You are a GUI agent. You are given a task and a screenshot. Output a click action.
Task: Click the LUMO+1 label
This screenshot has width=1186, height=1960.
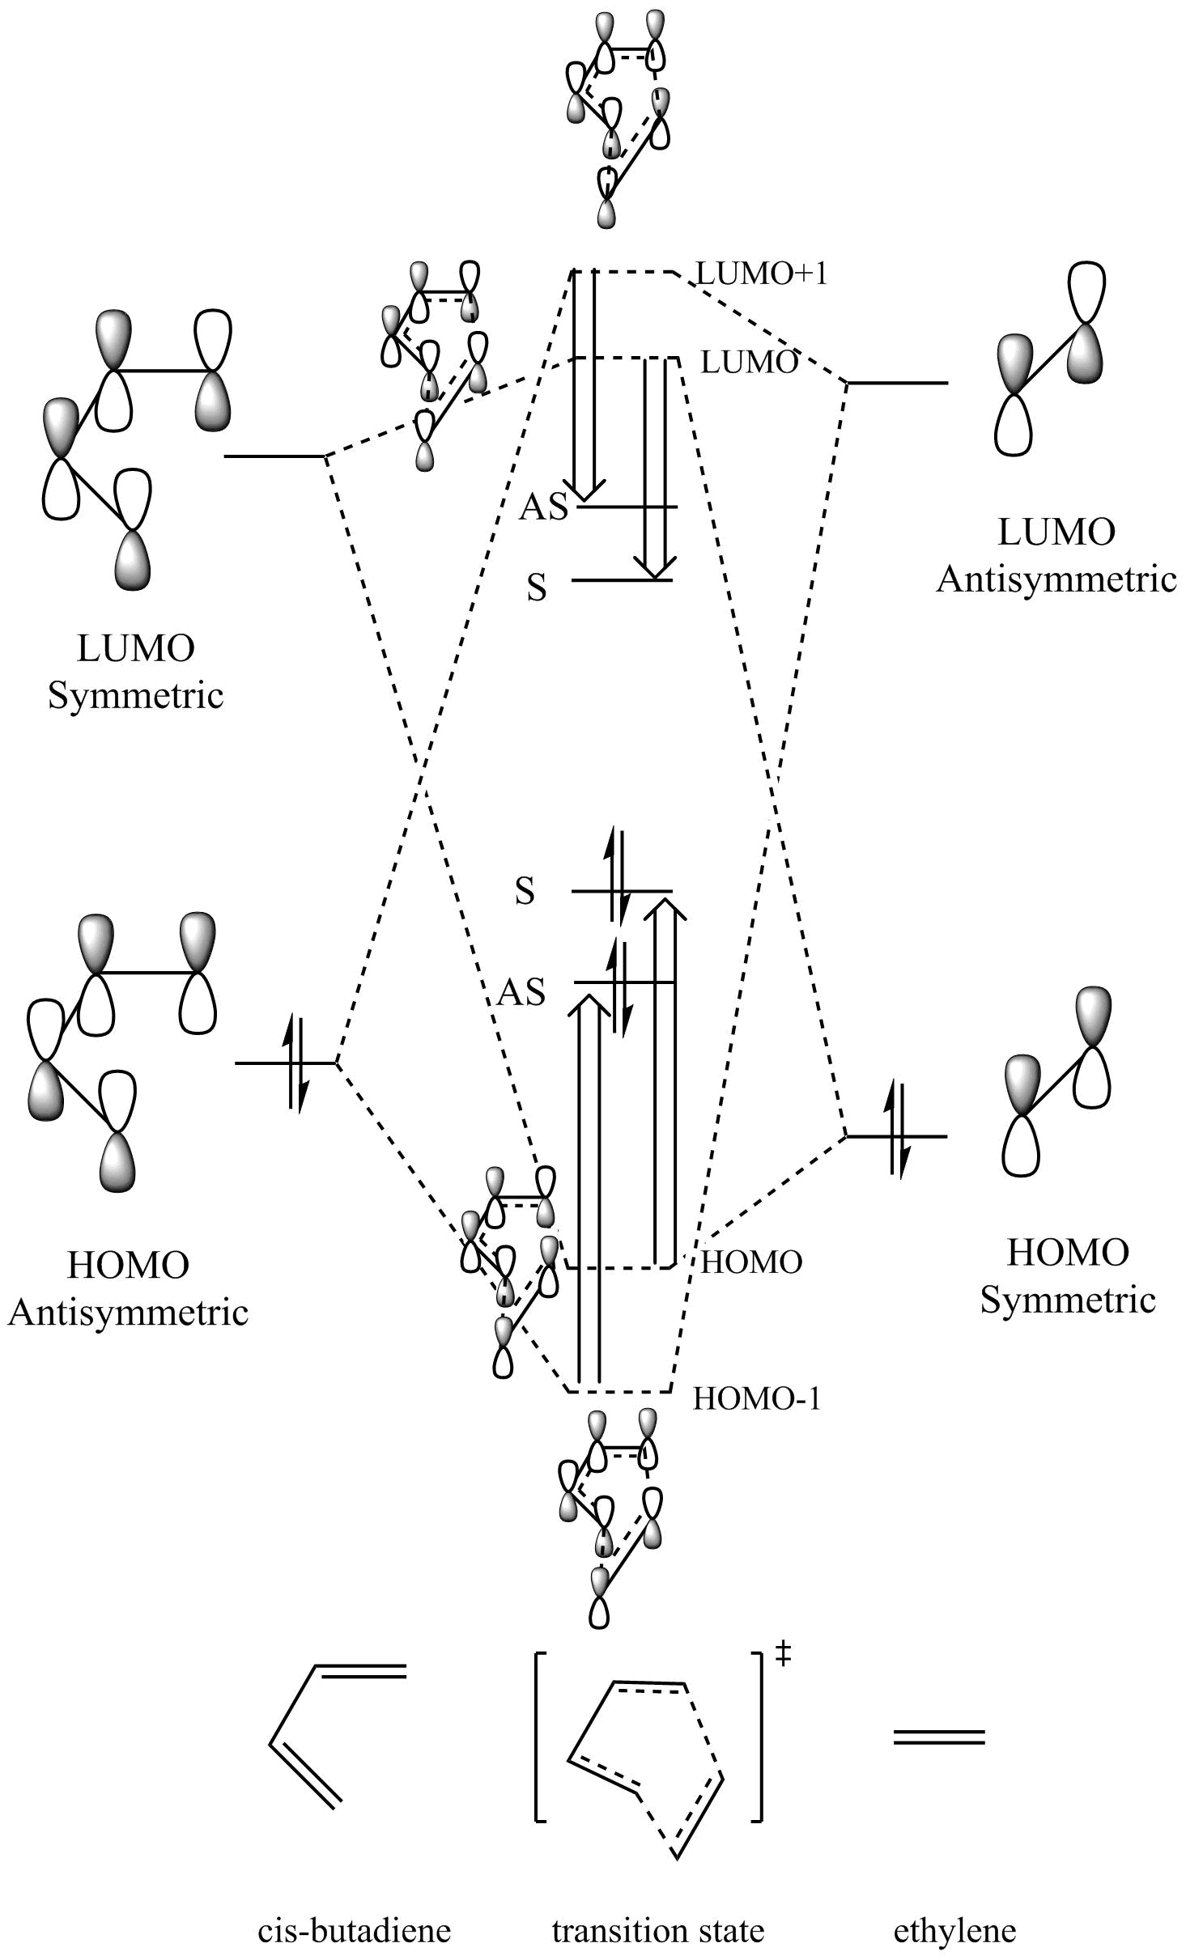pos(762,274)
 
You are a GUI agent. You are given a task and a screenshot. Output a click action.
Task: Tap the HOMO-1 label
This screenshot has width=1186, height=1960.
pos(757,1398)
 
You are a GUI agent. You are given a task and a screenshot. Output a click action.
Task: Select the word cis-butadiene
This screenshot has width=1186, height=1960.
pos(354,1931)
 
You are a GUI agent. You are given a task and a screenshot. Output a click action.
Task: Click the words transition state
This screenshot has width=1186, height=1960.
pos(657,1931)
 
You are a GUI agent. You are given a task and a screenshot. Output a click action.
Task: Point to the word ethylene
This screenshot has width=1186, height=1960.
pos(954,1931)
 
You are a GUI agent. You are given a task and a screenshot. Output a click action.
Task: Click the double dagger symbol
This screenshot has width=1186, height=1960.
pos(783,1656)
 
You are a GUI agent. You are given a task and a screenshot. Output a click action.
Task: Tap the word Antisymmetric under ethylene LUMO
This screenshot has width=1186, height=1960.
pos(1056,579)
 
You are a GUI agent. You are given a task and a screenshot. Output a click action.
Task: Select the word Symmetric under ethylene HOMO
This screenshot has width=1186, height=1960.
pos(1068,1300)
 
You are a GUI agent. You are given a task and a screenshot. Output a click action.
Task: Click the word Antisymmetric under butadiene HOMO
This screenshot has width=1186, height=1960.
pos(128,1313)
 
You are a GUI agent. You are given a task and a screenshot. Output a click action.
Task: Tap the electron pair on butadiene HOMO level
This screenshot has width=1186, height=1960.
pos(295,1062)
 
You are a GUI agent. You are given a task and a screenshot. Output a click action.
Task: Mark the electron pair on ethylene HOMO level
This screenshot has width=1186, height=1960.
pos(898,1136)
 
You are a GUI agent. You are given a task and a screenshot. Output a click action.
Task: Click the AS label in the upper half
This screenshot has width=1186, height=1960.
pos(544,507)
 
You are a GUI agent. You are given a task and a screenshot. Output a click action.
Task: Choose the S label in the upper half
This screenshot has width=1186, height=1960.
pos(536,588)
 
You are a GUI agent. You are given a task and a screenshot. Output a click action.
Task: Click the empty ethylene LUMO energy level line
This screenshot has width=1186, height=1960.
pos(897,382)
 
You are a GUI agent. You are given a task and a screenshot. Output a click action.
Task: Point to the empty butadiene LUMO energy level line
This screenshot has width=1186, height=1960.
pos(274,456)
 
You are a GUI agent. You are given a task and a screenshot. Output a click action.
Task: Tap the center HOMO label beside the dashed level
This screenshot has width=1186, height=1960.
pos(751,1262)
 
